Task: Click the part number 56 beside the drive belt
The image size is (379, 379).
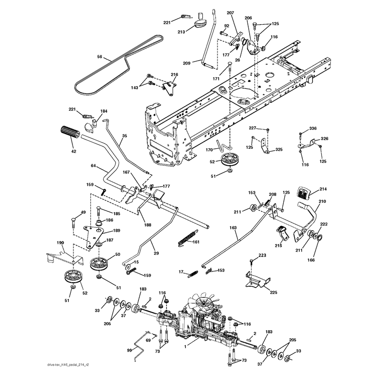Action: click(x=99, y=57)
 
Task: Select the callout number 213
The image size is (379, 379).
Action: click(x=181, y=32)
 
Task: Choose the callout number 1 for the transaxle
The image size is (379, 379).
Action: click(x=185, y=347)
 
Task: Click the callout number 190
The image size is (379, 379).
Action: click(x=60, y=243)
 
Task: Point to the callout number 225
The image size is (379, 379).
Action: click(x=273, y=292)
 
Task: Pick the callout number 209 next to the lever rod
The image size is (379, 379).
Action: click(x=187, y=63)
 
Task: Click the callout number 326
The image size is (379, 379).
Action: click(x=325, y=138)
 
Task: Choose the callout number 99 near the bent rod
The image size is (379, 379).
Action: click(x=129, y=350)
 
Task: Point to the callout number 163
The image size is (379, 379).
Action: click(x=233, y=227)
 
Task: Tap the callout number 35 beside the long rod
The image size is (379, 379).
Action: click(x=125, y=136)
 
